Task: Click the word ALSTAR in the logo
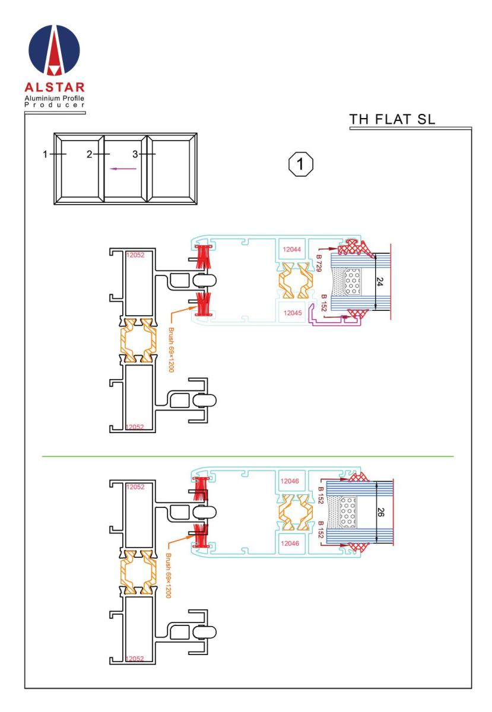click(55, 87)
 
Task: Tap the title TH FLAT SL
click(392, 119)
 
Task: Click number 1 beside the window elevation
click(45, 154)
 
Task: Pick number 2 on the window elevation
click(89, 154)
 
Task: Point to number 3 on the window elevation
click(135, 154)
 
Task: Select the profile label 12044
click(291, 249)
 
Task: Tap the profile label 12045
click(291, 313)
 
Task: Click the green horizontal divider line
click(247, 456)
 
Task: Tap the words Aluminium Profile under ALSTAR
click(55, 97)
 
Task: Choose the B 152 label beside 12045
click(324, 304)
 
